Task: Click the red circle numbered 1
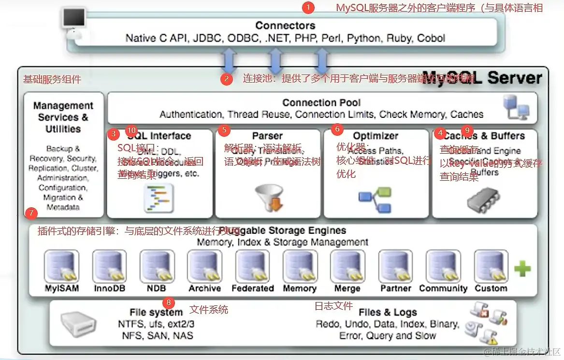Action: coord(308,8)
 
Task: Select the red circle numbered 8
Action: coord(168,303)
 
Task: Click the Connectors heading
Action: coord(285,26)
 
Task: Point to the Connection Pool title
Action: coord(321,102)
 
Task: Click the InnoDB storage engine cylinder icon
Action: coord(109,266)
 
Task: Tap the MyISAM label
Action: coord(62,288)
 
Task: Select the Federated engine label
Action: coord(252,288)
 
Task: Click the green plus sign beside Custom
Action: coord(522,269)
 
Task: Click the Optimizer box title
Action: coord(376,136)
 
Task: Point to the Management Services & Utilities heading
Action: coord(63,117)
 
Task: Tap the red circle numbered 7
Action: coord(30,213)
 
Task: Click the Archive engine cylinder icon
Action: coord(205,266)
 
